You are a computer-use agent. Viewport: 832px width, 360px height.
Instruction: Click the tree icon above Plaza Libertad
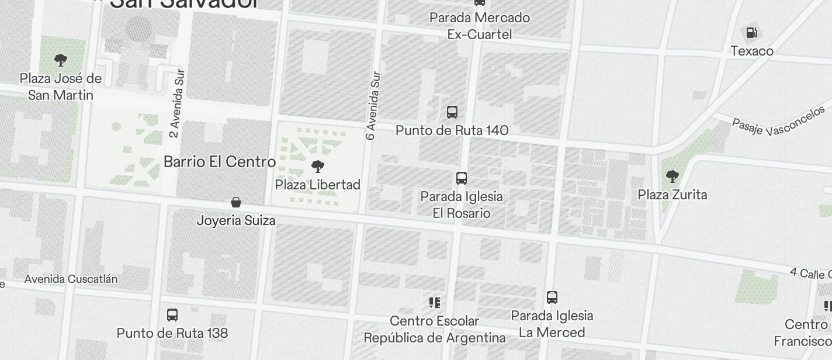318,167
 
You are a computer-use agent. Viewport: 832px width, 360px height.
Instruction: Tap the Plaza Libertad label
318,185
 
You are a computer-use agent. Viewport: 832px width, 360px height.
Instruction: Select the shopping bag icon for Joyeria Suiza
236,203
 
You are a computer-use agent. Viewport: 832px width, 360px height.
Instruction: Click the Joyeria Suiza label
236,221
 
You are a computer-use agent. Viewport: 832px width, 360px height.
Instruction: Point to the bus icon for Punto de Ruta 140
452,112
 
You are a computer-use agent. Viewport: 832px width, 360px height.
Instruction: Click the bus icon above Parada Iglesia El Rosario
462,178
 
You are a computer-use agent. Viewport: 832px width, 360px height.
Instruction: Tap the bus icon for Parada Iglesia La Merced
552,297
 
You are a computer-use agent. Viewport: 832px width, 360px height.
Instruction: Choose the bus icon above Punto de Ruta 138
172,315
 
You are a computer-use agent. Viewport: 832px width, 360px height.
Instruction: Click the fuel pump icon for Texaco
752,33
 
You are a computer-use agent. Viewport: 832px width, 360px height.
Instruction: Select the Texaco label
752,51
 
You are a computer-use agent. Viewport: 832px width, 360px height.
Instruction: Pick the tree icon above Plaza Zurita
672,176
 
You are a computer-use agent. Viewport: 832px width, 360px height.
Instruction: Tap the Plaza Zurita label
672,195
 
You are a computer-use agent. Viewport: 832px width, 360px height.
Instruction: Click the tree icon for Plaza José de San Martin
60,60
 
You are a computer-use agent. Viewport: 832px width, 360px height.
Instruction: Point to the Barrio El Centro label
220,162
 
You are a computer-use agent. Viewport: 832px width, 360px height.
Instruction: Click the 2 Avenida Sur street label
176,103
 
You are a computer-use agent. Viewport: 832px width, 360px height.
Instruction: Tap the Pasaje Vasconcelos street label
779,122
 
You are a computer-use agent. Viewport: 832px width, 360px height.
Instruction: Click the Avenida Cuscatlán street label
71,279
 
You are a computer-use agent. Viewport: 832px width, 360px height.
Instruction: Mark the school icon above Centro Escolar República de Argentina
434,303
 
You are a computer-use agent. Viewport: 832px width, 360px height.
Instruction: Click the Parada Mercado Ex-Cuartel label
480,26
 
